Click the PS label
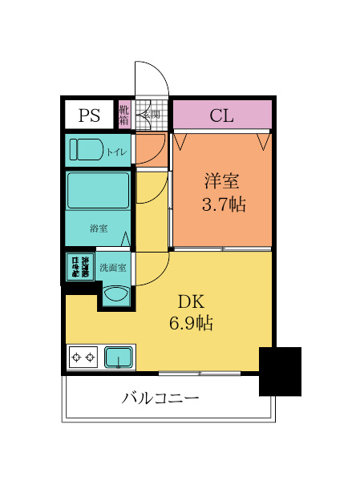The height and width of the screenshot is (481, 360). coord(89,115)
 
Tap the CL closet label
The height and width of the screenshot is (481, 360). coord(221,115)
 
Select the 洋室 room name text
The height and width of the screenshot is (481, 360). coord(222,182)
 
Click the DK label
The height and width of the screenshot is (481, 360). coord(190,302)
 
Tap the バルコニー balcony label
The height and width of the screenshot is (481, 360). coord(160,398)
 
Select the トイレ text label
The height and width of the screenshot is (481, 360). coord(115,151)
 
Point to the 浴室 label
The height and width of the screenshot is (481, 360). coord(98,227)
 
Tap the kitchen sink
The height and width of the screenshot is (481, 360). coord(120,356)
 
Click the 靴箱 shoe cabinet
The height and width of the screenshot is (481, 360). coord(124,115)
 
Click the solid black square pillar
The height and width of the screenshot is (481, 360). coord(280,371)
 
